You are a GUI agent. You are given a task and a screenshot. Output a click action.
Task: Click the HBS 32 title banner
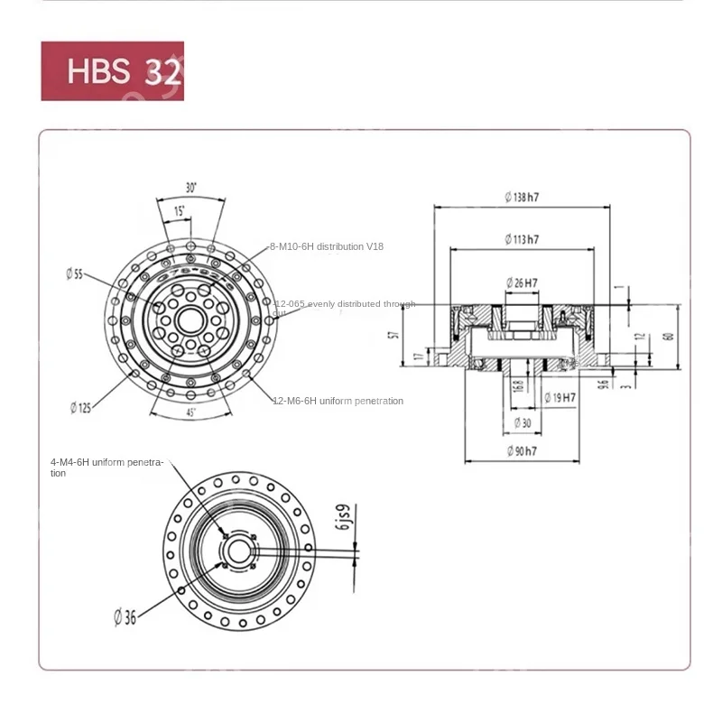112,70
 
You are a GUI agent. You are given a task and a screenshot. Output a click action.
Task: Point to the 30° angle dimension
190,188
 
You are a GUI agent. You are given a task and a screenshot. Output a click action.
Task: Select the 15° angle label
179,210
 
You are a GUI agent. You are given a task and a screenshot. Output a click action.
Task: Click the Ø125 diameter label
80,407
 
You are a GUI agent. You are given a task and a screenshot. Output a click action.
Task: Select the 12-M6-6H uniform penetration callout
338,401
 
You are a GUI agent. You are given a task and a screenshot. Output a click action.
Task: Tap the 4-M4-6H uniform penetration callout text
106,467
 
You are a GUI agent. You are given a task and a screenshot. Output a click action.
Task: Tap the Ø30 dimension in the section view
523,421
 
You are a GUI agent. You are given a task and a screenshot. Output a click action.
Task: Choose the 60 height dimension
668,336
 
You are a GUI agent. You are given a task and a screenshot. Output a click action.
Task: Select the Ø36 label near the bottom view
125,616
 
